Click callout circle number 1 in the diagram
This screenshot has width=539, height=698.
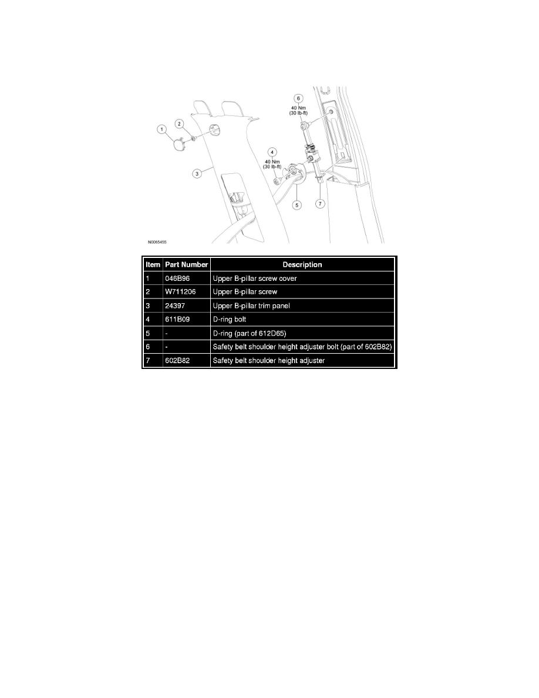(x=162, y=129)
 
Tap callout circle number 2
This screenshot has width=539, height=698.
(x=179, y=124)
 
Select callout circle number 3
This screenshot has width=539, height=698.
(x=197, y=173)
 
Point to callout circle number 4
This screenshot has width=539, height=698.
(x=272, y=152)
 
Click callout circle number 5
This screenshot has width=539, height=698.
(x=297, y=205)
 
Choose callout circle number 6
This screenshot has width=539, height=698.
(x=298, y=98)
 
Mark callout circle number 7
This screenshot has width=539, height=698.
(x=320, y=204)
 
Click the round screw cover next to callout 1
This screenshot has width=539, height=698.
(x=181, y=145)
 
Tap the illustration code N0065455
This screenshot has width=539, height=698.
(x=157, y=242)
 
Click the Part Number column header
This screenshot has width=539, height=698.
(x=186, y=264)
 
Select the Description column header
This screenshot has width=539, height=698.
(x=302, y=264)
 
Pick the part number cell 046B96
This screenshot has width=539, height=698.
(x=177, y=278)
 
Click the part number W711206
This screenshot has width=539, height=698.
(x=180, y=291)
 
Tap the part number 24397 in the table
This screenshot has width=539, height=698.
(x=175, y=306)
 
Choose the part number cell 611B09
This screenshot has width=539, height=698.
(x=177, y=319)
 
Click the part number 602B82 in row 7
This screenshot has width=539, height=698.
(x=177, y=361)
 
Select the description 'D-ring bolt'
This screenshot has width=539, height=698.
(x=230, y=319)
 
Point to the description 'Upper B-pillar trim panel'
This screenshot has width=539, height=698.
(x=251, y=306)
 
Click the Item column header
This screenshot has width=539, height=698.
(x=153, y=264)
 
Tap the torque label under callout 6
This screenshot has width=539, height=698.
(x=298, y=110)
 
